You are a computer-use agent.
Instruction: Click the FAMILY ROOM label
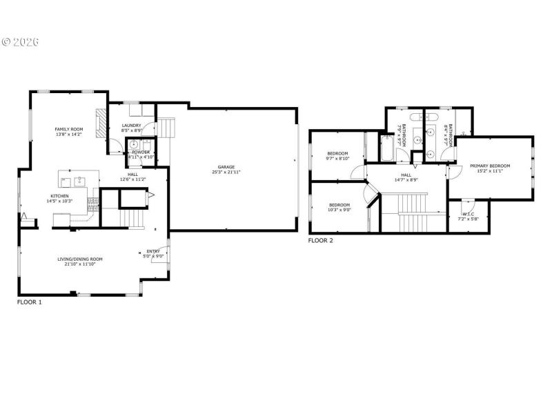69,129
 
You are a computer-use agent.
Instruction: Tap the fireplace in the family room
101,122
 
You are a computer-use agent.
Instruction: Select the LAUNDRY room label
131,126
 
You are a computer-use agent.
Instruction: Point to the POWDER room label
141,152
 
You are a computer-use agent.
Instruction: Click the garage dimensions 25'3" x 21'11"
226,172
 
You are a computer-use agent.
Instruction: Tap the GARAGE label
226,167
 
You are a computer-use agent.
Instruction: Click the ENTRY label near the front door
153,251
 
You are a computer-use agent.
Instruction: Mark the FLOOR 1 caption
29,302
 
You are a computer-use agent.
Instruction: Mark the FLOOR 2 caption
320,241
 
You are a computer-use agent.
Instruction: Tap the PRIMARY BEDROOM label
490,166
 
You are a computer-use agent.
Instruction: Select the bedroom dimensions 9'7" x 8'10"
337,158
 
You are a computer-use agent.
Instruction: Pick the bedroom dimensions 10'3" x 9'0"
339,210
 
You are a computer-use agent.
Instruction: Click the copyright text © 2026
20,42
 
